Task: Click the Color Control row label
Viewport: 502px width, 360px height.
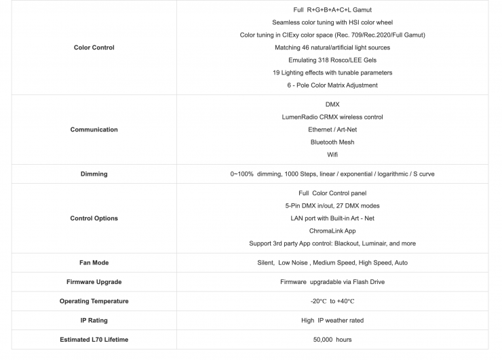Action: [x=94, y=47]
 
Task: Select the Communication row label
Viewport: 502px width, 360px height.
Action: [x=94, y=129]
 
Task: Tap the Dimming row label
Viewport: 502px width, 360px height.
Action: [x=94, y=174]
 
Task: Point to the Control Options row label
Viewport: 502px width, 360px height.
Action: [x=94, y=218]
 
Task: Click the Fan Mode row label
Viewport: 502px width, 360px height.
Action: [x=94, y=262]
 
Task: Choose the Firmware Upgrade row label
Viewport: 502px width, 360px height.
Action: [x=94, y=281]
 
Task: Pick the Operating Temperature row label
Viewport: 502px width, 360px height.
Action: [x=94, y=301]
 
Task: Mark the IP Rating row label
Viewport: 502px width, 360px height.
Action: [x=94, y=320]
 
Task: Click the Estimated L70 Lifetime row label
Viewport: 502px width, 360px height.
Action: [x=94, y=339]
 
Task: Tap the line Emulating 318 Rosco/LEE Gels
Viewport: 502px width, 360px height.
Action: [x=332, y=60]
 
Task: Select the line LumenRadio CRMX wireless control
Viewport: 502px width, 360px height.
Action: [x=332, y=117]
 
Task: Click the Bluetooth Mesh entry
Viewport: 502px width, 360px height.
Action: [x=332, y=142]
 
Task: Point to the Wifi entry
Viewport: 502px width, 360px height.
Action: [x=332, y=155]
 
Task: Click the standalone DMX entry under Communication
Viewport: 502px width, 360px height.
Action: [x=332, y=104]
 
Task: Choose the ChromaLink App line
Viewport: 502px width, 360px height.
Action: [x=332, y=231]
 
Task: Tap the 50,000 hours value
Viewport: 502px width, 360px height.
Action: [x=332, y=339]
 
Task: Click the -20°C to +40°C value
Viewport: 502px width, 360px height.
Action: [x=332, y=301]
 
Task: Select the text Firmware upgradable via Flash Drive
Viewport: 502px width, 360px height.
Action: [x=332, y=281]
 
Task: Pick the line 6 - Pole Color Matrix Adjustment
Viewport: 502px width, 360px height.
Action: [x=332, y=85]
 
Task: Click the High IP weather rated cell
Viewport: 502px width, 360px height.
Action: [x=332, y=320]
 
